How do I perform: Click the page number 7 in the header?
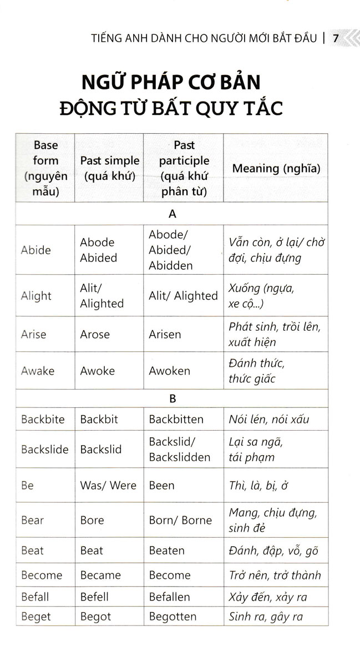click(336, 38)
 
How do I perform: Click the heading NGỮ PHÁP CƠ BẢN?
click(171, 82)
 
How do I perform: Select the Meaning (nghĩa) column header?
click(276, 168)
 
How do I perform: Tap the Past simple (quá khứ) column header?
click(109, 168)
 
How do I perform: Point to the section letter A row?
click(171, 213)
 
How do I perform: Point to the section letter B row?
click(171, 398)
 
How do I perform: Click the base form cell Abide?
click(36, 250)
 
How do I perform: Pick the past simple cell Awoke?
click(97, 371)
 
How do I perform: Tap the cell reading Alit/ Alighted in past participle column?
click(183, 296)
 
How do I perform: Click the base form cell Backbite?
click(43, 420)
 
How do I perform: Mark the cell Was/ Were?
click(108, 486)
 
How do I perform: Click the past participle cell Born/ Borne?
click(180, 521)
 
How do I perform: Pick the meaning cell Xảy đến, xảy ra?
click(267, 598)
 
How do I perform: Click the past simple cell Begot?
click(95, 617)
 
